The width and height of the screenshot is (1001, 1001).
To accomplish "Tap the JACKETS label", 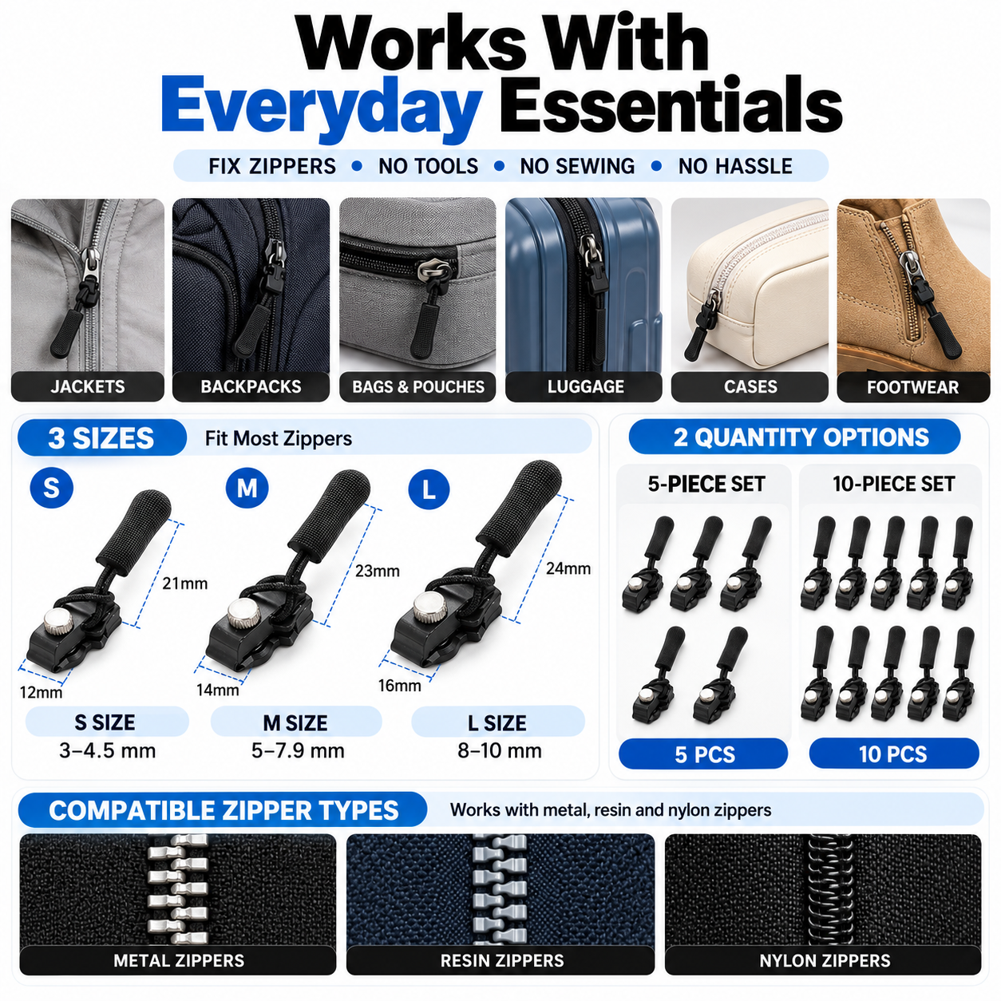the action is [88, 386].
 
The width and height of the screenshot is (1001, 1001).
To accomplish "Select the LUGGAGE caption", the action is [585, 386].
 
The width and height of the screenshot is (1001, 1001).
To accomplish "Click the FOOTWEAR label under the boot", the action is [912, 387].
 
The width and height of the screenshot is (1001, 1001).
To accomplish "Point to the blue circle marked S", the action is [51, 487].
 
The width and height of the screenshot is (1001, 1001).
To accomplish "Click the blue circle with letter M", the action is [247, 488].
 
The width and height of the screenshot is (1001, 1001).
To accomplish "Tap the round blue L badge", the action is [429, 489].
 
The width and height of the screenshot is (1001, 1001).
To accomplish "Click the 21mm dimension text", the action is [185, 584].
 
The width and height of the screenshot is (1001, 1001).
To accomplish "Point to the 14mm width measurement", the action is [218, 690].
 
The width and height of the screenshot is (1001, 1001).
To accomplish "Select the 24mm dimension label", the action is [568, 568].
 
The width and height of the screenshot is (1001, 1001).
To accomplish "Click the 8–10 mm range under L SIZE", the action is [499, 750].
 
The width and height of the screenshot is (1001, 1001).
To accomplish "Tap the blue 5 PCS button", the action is [703, 754].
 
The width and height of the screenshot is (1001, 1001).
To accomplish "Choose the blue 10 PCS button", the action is [893, 754].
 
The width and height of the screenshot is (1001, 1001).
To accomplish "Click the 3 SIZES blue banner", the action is [102, 437].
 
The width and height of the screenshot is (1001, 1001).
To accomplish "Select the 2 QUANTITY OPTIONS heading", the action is [795, 437].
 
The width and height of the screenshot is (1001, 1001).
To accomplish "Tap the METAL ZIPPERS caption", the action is [179, 960].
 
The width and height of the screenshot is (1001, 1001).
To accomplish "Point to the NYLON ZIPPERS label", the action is [825, 960].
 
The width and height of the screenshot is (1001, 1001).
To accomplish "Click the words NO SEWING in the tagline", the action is [577, 166].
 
